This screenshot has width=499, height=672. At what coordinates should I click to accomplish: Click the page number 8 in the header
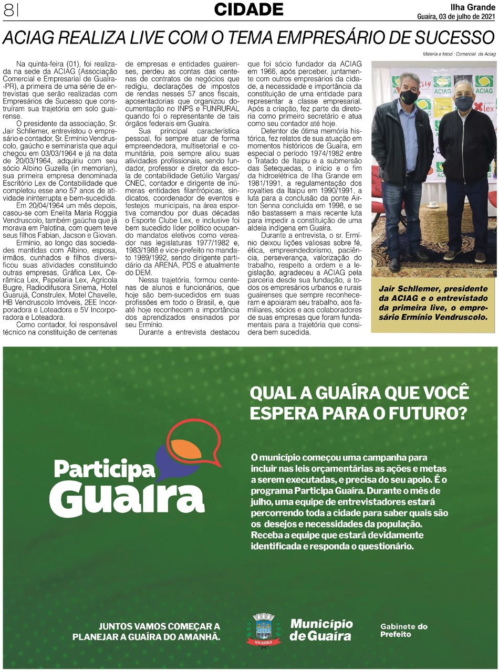pyautogui.click(x=8, y=10)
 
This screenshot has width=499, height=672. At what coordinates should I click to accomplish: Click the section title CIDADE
pyautogui.click(x=248, y=9)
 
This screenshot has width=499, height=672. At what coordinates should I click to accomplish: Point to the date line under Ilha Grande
pyautogui.click(x=455, y=16)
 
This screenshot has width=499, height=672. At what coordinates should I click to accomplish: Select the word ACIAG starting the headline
pyautogui.click(x=26, y=38)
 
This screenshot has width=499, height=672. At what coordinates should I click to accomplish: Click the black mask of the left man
pyautogui.click(x=409, y=97)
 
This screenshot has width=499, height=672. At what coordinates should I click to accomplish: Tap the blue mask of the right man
pyautogui.click(x=463, y=103)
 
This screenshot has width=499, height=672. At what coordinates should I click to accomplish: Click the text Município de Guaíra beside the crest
pyautogui.click(x=321, y=629)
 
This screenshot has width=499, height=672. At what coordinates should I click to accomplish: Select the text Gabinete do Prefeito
pyautogui.click(x=403, y=630)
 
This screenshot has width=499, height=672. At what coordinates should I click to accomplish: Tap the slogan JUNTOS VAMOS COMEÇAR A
pyautogui.click(x=159, y=626)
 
